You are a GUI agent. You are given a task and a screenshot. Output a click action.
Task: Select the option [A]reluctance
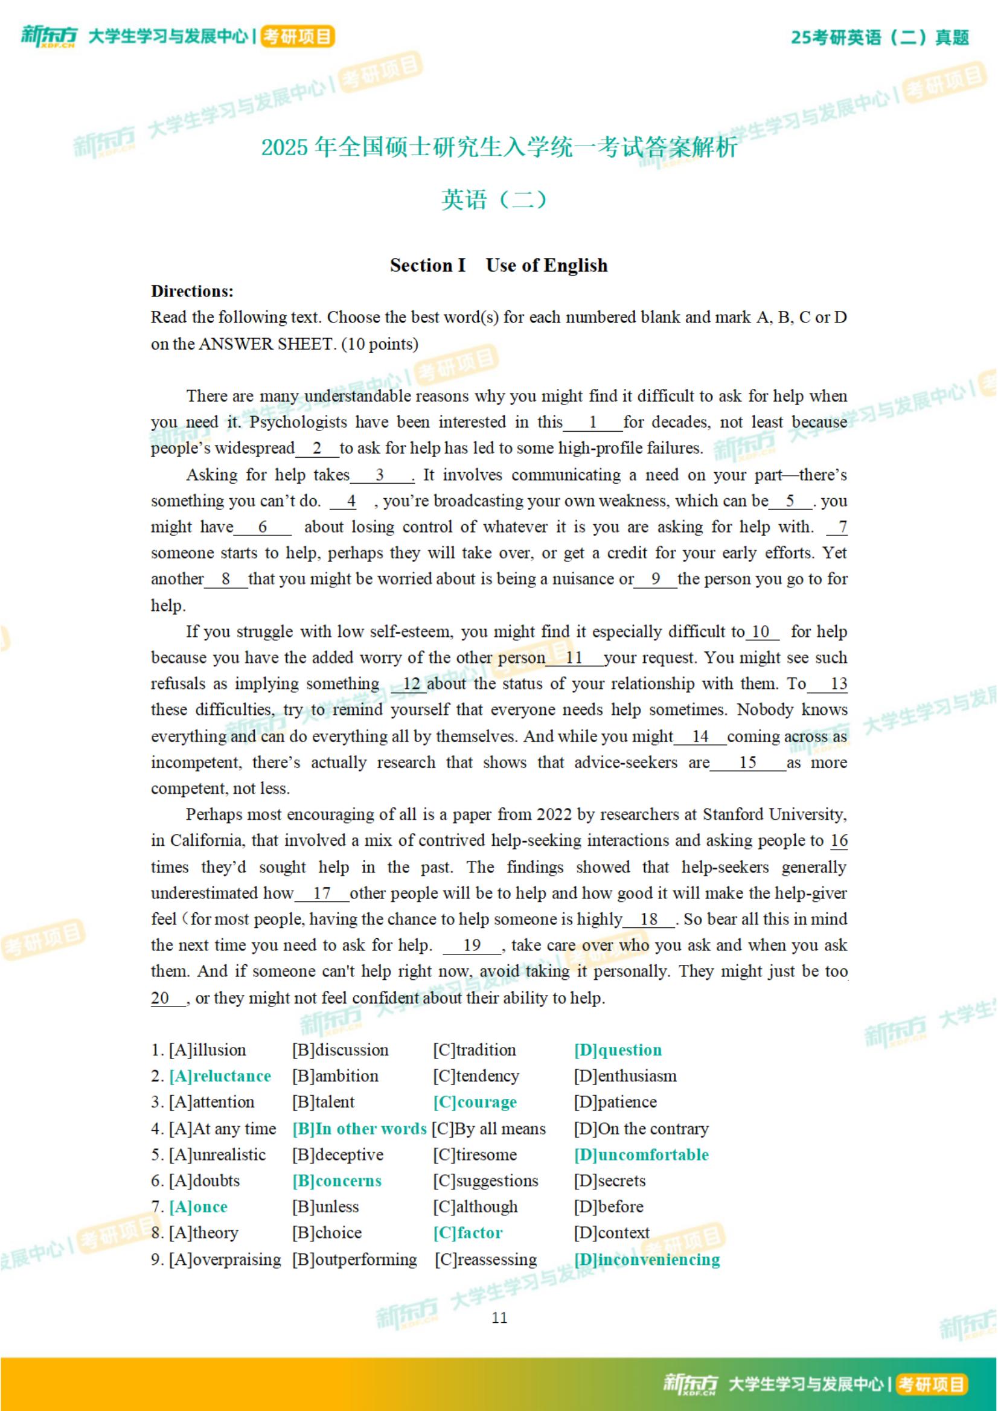pos(220,1076)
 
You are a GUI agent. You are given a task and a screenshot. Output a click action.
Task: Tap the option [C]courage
pos(475,1102)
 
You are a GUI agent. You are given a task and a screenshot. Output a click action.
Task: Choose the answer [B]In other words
pos(359,1128)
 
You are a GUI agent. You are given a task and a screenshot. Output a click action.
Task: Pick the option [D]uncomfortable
pos(641,1155)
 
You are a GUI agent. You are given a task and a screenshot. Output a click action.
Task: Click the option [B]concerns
pos(337,1180)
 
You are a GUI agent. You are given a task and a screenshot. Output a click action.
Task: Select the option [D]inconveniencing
pos(647,1259)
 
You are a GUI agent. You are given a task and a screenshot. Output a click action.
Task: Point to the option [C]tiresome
pos(475,1155)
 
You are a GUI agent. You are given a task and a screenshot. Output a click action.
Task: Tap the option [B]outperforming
pos(354,1259)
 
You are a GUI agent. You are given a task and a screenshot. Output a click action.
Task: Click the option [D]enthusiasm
pos(625,1076)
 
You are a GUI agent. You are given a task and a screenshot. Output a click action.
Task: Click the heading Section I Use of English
pos(498,266)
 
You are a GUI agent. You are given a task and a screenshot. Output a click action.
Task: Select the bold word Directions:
pos(193,291)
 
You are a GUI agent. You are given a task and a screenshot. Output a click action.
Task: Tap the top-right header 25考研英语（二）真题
pos(880,37)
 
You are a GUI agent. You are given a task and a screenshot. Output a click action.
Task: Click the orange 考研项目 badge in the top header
pos(298,37)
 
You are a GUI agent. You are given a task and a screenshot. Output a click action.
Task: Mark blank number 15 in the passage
pos(747,763)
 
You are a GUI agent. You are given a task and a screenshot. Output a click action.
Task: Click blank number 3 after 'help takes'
pos(380,475)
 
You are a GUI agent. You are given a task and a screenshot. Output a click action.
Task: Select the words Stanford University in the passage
pos(774,814)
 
